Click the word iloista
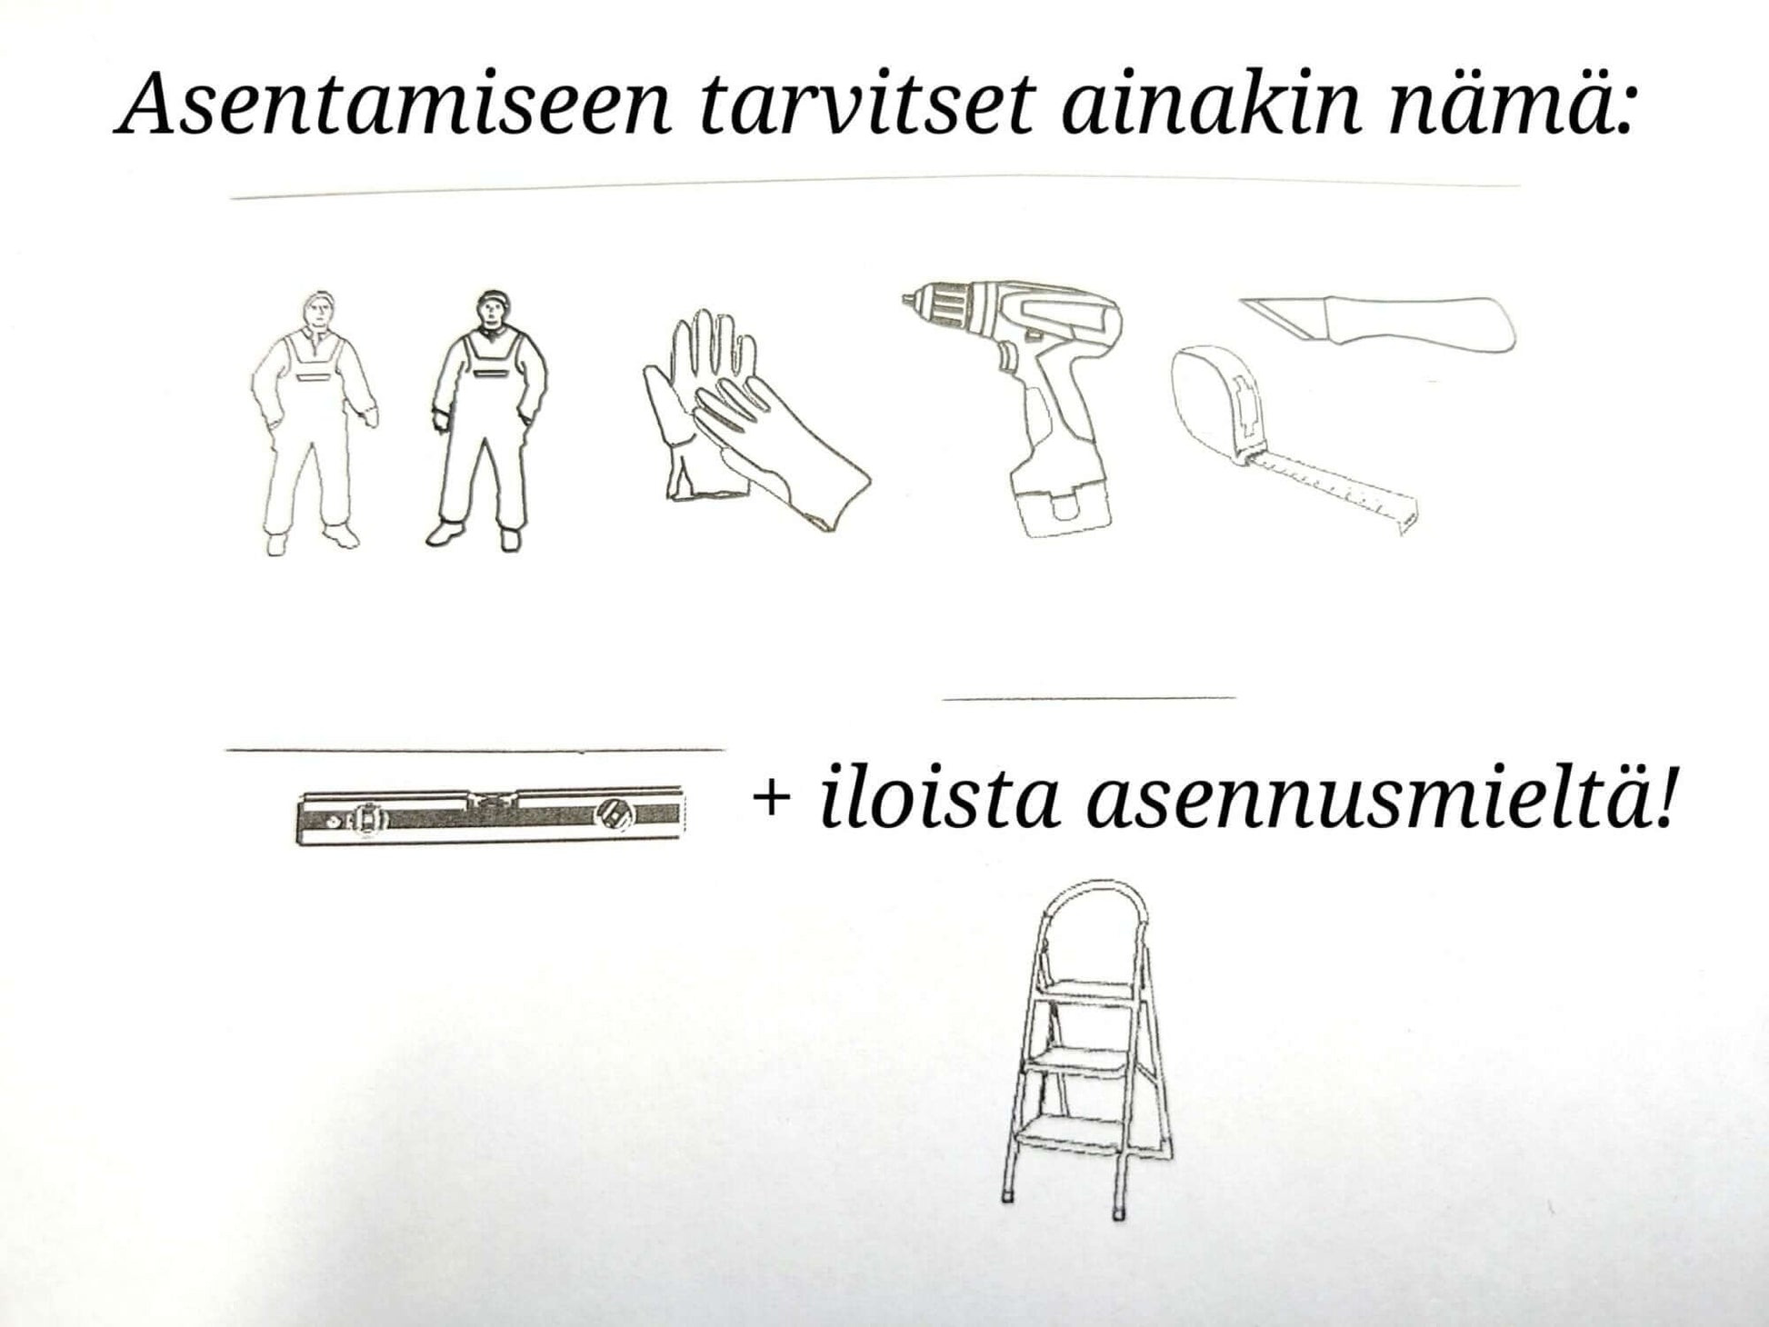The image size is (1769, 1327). [940, 798]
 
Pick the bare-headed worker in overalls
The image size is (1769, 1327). [314, 423]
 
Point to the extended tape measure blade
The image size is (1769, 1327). [1336, 492]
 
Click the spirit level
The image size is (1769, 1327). [491, 816]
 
